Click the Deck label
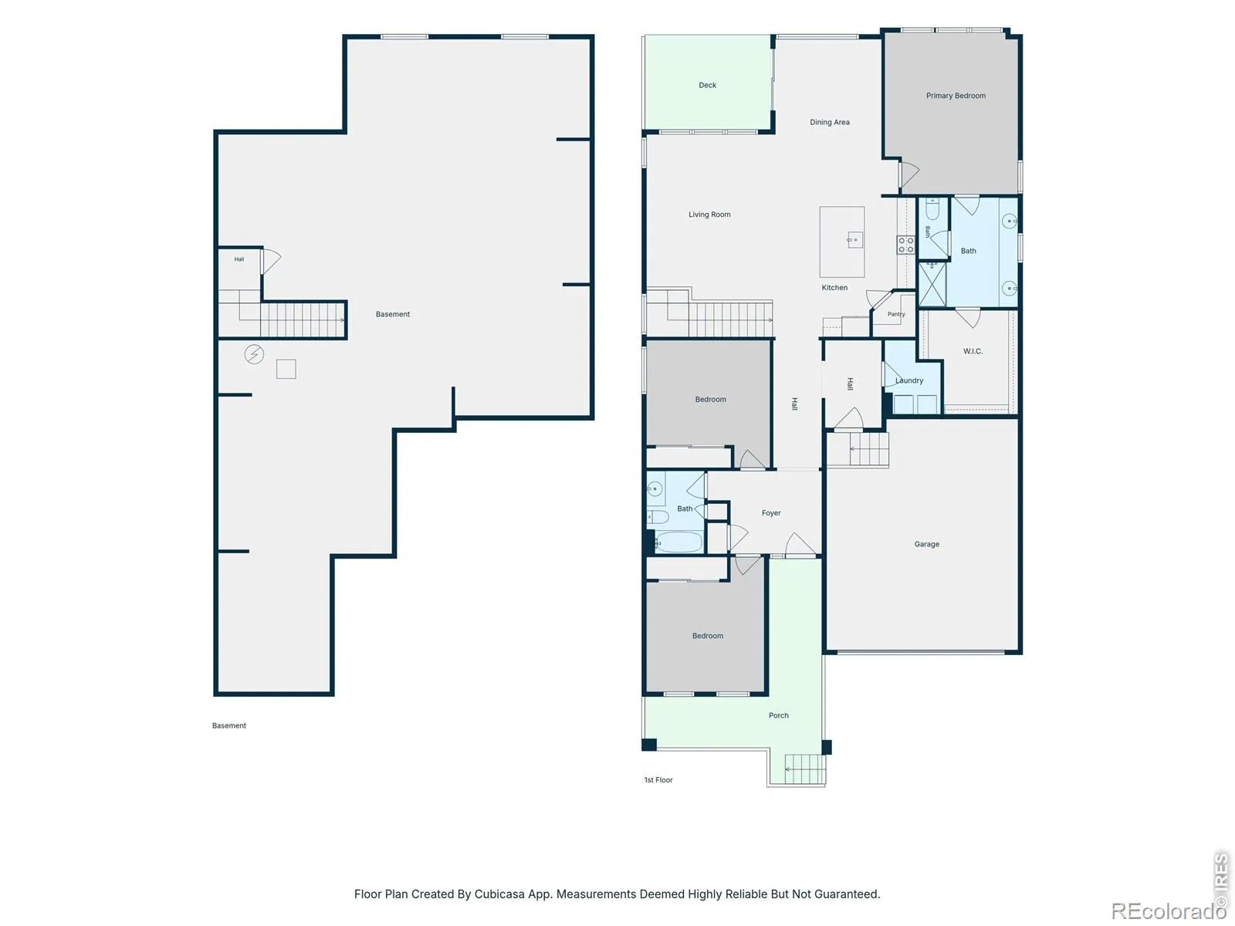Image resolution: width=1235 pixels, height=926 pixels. click(x=707, y=85)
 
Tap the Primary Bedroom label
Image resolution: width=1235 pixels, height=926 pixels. click(x=956, y=96)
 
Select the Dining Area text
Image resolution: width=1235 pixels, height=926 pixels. click(x=829, y=122)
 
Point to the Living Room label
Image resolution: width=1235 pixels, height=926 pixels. click(x=709, y=215)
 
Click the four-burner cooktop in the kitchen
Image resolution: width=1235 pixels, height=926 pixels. click(x=905, y=245)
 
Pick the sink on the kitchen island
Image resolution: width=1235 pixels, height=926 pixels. click(x=854, y=239)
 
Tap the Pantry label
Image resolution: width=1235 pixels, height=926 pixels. click(x=895, y=314)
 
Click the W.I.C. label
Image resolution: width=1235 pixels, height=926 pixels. click(x=973, y=351)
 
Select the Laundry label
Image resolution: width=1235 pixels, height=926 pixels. click(x=908, y=380)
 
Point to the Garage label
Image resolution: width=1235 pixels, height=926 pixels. click(x=926, y=544)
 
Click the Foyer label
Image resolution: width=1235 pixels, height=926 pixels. click(x=771, y=512)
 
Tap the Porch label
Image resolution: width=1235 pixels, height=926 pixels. click(x=778, y=715)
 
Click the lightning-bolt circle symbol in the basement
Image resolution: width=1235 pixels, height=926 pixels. click(x=254, y=354)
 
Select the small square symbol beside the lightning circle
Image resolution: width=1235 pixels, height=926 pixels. click(x=286, y=369)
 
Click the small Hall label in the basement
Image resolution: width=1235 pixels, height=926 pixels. click(x=239, y=259)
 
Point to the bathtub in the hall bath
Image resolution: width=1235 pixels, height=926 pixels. click(x=678, y=542)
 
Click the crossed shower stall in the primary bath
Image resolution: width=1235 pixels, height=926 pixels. click(x=932, y=285)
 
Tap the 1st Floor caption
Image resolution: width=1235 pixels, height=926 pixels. click(x=658, y=780)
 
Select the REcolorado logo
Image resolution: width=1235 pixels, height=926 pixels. click(x=1168, y=911)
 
